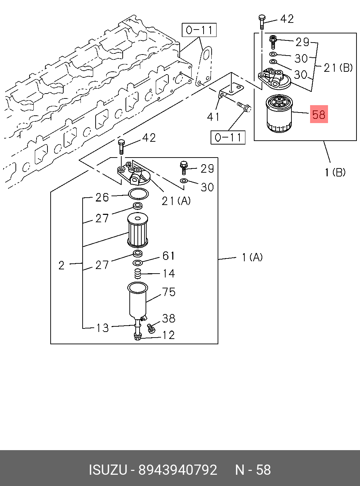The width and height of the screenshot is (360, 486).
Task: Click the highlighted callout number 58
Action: [319, 114]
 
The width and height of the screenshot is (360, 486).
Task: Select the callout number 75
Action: [169, 292]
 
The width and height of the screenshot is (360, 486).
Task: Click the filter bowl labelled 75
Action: [137, 301]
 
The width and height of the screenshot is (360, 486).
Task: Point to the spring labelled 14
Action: [138, 274]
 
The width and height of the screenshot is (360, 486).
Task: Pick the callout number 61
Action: [169, 256]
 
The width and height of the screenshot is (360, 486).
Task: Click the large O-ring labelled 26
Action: [139, 194]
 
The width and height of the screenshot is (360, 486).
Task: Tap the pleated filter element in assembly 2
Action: [137, 231]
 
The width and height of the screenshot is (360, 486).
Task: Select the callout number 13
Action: [103, 328]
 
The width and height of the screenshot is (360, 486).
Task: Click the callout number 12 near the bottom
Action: [168, 335]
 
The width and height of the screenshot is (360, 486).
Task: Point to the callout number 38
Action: [169, 318]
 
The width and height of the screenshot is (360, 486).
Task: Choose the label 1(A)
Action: [252, 257]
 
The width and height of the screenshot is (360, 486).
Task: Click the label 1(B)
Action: [335, 172]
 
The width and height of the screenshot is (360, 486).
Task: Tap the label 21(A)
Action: [176, 201]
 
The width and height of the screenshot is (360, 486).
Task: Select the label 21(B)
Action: [338, 68]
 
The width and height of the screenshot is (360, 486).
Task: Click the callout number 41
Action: [213, 117]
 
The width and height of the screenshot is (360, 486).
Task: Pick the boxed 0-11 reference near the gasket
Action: [199, 30]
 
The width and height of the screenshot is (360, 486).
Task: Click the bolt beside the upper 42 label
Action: [262, 22]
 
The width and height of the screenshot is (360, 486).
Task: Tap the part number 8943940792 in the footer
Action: [178, 470]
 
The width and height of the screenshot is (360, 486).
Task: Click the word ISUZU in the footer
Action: [108, 470]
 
